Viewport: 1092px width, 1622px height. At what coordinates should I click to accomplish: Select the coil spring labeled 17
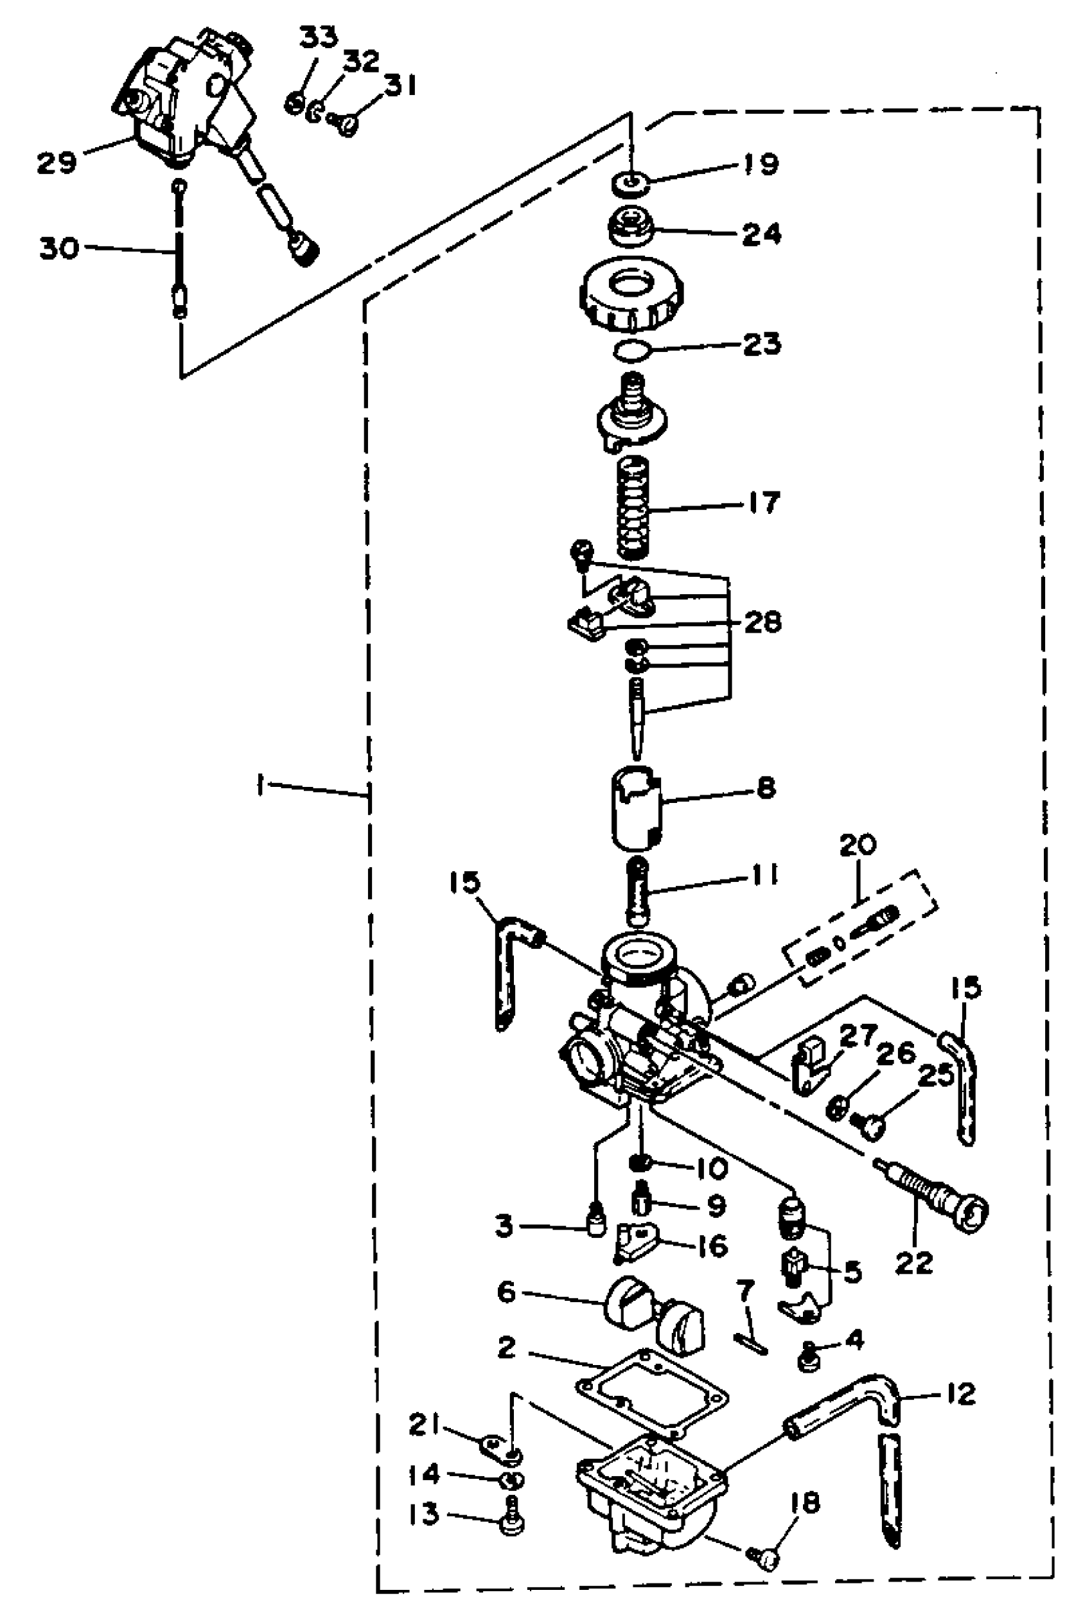tap(634, 508)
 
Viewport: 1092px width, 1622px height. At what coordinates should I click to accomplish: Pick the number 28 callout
tap(762, 622)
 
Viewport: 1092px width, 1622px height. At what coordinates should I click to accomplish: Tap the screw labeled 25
tap(868, 1123)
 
